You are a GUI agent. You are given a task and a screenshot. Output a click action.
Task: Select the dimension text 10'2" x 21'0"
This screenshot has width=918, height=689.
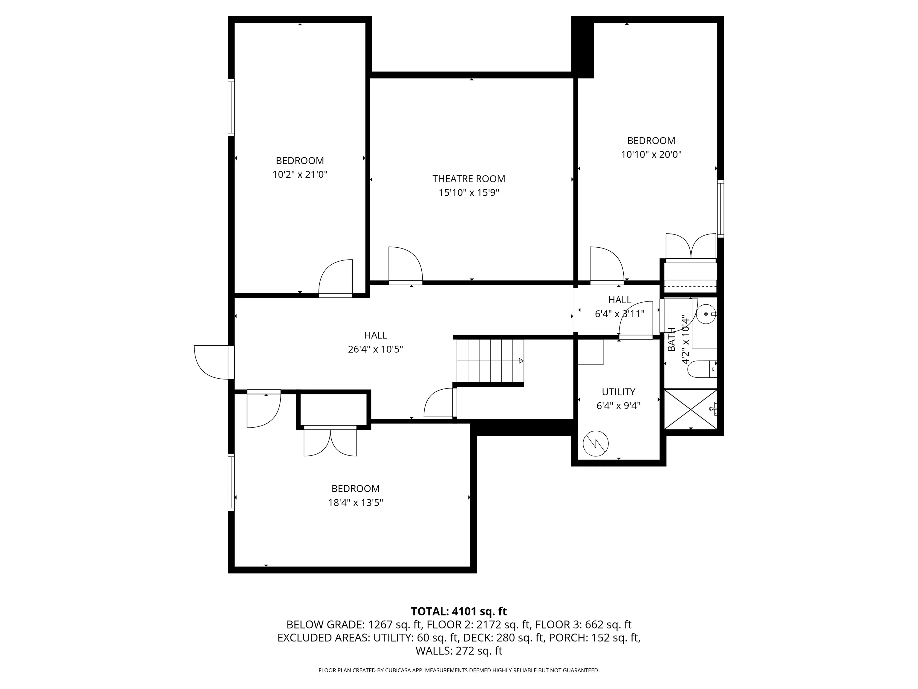click(x=300, y=174)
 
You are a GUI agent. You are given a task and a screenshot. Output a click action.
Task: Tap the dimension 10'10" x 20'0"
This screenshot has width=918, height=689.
click(x=651, y=155)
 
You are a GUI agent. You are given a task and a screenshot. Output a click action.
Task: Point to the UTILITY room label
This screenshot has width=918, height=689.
click(x=618, y=392)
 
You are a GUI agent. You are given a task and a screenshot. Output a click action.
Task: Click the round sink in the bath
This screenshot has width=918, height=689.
click(x=706, y=314)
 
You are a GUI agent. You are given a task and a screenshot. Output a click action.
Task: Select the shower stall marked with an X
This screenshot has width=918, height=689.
click(x=691, y=409)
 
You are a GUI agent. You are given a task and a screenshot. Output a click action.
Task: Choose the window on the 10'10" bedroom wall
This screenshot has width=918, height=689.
click(x=721, y=209)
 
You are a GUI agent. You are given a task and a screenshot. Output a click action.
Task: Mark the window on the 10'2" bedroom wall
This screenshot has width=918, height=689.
click(x=231, y=107)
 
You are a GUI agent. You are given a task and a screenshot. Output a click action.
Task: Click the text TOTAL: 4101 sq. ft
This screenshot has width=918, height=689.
click(x=459, y=611)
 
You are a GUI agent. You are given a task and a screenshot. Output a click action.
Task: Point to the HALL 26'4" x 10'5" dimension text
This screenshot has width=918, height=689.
click(x=375, y=349)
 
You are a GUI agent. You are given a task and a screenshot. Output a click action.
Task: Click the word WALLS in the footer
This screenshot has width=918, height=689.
click(x=434, y=651)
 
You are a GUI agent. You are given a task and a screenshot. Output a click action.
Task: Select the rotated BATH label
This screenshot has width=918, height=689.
click(x=671, y=339)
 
